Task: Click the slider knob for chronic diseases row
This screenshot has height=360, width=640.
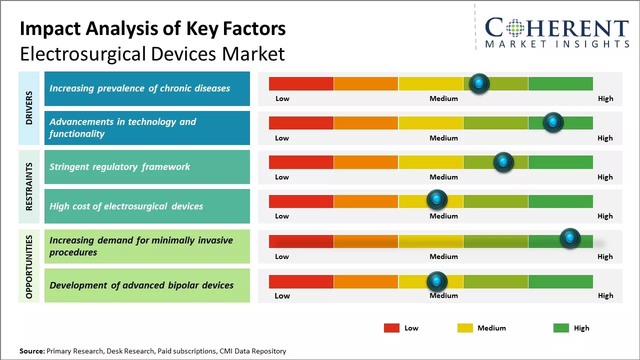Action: [479, 83]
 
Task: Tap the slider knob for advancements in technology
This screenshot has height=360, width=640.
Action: [553, 122]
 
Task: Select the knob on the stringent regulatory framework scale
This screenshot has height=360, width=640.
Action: [503, 162]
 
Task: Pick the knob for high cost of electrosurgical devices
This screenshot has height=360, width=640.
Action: [437, 200]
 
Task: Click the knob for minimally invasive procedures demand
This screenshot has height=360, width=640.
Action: [570, 238]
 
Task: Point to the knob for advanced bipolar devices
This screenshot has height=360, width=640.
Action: [437, 281]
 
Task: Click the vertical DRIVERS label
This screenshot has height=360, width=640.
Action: [29, 107]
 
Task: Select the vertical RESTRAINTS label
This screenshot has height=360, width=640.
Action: [29, 186]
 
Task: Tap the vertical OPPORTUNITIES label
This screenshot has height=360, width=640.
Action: [29, 266]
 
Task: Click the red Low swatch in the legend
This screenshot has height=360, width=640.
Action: [391, 328]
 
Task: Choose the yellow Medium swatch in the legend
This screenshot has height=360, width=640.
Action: [465, 328]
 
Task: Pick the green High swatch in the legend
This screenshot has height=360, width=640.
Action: [561, 328]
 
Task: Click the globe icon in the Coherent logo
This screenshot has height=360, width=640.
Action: [514, 28]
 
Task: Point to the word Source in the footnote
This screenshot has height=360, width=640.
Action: [31, 351]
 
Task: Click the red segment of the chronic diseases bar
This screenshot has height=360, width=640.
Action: [301, 83]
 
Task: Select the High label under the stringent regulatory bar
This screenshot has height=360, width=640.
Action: [605, 177]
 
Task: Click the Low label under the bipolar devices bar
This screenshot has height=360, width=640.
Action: [282, 295]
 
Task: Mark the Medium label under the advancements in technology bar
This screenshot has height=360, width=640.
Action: [443, 138]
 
